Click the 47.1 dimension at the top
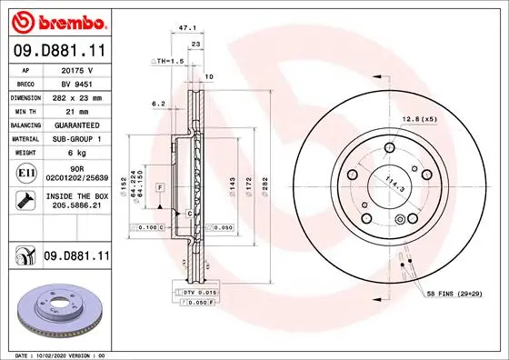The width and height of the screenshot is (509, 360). [x=188, y=28]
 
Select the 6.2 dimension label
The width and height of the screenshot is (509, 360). [x=158, y=104]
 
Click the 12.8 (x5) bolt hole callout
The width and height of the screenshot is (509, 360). [x=420, y=117]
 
